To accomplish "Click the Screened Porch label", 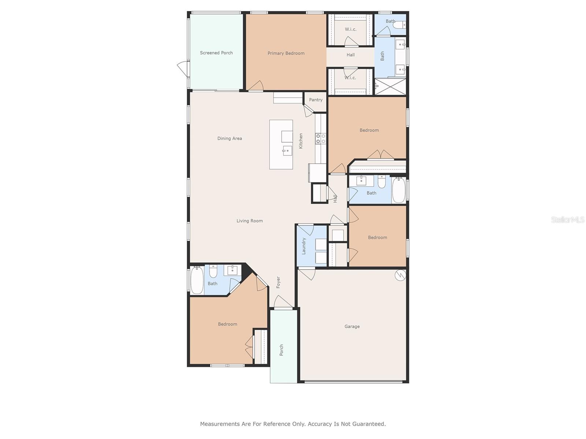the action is (216, 53).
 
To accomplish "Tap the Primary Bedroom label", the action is (286, 53).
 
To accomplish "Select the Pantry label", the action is (316, 100).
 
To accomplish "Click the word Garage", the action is (352, 327).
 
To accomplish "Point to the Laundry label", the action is (304, 246).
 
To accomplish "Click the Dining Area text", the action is (230, 138).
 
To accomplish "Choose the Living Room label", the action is (250, 221).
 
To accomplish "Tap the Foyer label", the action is (278, 282).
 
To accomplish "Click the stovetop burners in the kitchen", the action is (320, 139).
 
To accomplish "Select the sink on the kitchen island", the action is (287, 151).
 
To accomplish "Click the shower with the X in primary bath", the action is (390, 86).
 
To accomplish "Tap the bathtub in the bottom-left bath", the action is (197, 280).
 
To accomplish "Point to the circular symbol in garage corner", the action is (400, 275).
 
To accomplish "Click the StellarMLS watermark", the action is (568, 219).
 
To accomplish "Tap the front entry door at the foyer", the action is (283, 302).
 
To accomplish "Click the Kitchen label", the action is (301, 141).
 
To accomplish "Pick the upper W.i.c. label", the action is (350, 29).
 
